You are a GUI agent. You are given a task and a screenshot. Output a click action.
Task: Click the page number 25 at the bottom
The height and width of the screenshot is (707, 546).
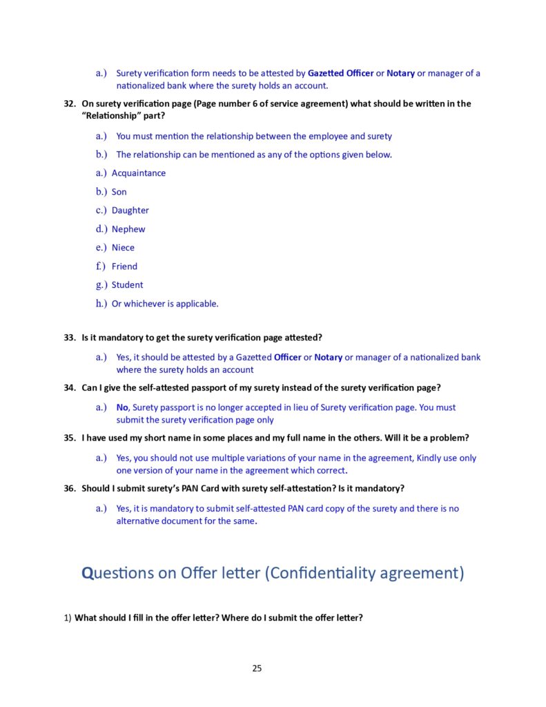pos(257,668)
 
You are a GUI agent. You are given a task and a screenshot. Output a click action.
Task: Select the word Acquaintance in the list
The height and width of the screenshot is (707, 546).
pos(139,173)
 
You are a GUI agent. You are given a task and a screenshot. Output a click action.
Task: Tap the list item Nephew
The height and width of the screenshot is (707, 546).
pos(128,229)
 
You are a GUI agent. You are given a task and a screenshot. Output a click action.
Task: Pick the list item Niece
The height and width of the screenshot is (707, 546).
pos(123,248)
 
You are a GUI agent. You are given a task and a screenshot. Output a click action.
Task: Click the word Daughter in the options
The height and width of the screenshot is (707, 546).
pos(130,211)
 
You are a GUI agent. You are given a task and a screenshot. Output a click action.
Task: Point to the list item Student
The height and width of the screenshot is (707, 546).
pos(128,285)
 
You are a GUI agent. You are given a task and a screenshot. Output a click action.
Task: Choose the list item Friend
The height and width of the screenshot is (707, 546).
pos(124,267)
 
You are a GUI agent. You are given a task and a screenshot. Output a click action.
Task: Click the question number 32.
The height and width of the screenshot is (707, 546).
pos(69,104)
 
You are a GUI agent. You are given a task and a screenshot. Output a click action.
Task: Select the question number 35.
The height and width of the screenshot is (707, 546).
pos(69,438)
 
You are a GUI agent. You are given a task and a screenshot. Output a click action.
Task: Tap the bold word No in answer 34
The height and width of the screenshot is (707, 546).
pos(122,407)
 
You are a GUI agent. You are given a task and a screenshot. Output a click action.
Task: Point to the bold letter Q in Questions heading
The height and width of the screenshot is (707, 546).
pos(88,573)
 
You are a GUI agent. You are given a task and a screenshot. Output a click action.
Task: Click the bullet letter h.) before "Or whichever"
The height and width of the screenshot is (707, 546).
pos(101,304)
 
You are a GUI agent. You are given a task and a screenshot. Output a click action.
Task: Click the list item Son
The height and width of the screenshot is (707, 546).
pos(119,192)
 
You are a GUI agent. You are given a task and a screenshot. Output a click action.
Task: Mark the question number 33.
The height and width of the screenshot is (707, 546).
pos(69,338)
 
